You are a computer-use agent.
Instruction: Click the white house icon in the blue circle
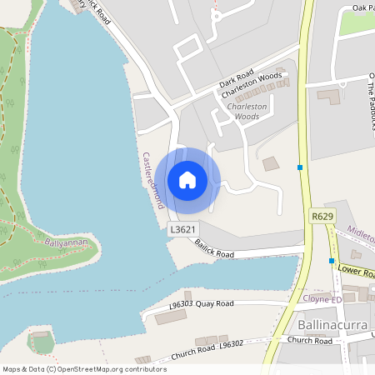click(x=187, y=180)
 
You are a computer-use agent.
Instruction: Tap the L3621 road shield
click(x=182, y=229)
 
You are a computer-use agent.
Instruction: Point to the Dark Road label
click(x=237, y=84)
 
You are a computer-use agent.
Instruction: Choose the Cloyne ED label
click(x=319, y=298)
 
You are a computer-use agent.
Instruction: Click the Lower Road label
click(x=357, y=270)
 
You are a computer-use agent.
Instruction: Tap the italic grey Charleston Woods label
click(x=247, y=112)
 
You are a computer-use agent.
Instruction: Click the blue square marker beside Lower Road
click(x=332, y=261)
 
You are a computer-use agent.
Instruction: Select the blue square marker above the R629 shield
click(x=300, y=167)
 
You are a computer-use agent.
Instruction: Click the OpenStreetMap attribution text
click(x=84, y=369)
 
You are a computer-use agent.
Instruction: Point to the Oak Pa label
click(x=362, y=7)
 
